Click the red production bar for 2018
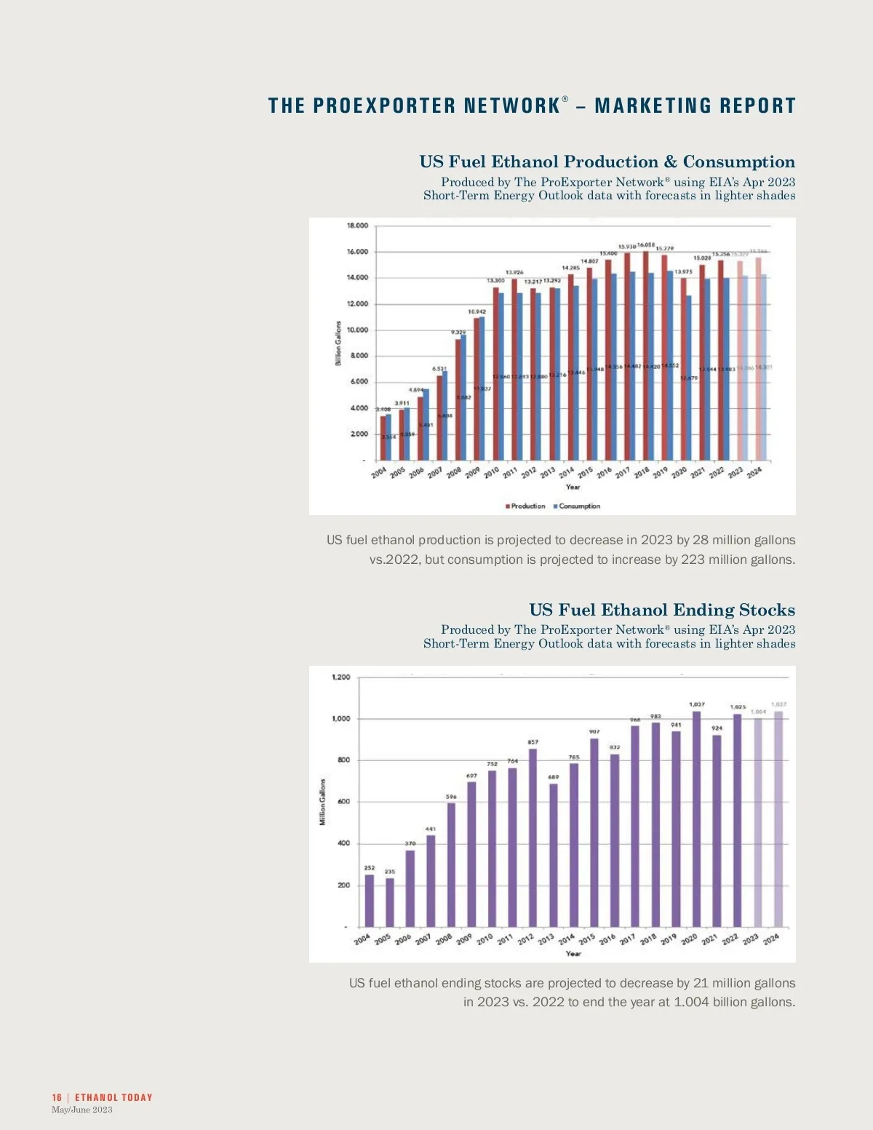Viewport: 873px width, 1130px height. pyautogui.click(x=645, y=357)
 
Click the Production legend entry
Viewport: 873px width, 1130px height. pyautogui.click(x=527, y=506)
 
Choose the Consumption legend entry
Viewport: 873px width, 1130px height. pyautogui.click(x=579, y=506)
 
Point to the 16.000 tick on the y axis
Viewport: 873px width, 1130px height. pyautogui.click(x=357, y=252)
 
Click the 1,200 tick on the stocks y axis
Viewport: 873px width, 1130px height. pyautogui.click(x=340, y=677)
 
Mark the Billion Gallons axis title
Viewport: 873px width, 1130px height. pyautogui.click(x=338, y=343)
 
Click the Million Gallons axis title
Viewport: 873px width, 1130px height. pyautogui.click(x=322, y=802)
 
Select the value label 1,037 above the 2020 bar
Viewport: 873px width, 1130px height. pyautogui.click(x=696, y=704)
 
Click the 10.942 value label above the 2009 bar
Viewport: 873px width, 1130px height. pyautogui.click(x=477, y=311)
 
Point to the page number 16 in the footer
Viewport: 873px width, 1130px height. pyautogui.click(x=57, y=1097)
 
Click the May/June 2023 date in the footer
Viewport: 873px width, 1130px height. pyautogui.click(x=82, y=1110)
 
